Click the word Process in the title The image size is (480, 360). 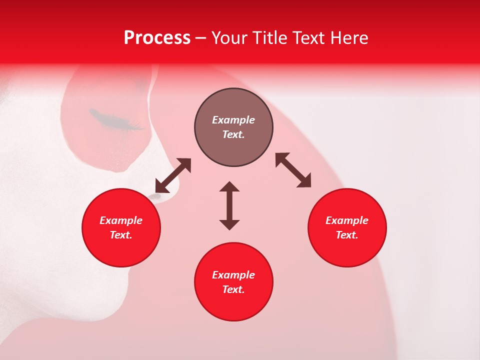[x=157, y=38]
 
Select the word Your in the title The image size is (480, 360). [x=229, y=38]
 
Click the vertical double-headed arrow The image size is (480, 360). [x=229, y=205]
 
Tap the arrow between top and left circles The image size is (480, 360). [x=173, y=175]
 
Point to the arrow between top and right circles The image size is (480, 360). [x=293, y=170]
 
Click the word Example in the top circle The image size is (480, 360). [x=233, y=120]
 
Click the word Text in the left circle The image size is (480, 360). [x=121, y=235]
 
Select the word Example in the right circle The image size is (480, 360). [x=347, y=220]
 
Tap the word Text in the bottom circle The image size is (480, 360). [x=233, y=289]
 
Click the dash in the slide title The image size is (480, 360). [x=201, y=38]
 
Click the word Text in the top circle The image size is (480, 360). [x=233, y=134]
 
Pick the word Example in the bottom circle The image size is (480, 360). [x=233, y=275]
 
